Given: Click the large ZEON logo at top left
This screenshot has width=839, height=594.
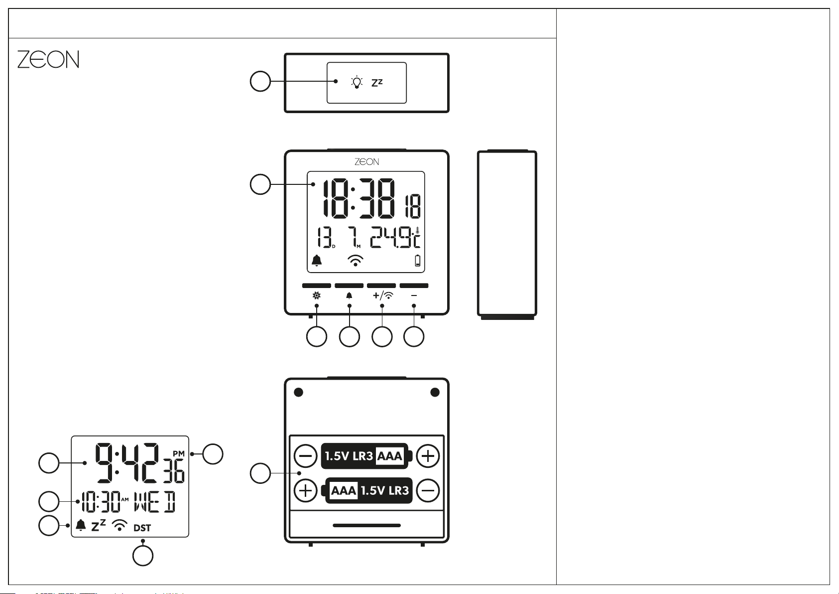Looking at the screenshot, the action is pos(48,59).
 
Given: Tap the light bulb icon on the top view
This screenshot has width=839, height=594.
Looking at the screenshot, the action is pos(357,82).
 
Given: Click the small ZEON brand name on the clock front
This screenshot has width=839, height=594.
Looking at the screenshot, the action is pos(366,161).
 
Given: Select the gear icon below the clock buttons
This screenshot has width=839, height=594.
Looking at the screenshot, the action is pos(317,296).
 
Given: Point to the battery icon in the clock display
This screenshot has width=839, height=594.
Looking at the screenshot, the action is pos(418,261).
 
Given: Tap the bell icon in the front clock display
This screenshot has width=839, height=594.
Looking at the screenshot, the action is pos(317,260).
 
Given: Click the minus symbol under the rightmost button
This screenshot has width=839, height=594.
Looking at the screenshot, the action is pos(414,296).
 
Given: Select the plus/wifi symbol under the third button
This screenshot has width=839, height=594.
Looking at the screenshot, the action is pos(383,296).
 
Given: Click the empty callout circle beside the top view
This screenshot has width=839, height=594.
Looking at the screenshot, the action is pos(260,81).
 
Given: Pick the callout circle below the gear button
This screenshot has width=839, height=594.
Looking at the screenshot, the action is pos(317,336).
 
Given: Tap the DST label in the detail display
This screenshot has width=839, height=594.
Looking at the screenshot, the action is pos(142,528).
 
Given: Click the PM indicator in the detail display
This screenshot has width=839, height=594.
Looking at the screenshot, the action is pos(179,453).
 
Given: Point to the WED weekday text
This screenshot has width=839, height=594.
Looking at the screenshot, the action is pos(155,501).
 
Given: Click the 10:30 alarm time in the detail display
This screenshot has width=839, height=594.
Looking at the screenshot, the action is pos(101,501).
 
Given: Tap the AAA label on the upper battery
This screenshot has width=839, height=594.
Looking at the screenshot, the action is pos(390,456).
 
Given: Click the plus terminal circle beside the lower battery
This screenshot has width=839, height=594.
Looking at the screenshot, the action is pos(306,490).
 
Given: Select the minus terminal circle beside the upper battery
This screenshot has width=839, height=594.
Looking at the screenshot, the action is pos(306,456).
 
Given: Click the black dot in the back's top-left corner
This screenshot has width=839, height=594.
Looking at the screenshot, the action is pos(299,392).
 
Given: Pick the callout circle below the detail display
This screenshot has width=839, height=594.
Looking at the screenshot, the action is pos(143,556).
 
